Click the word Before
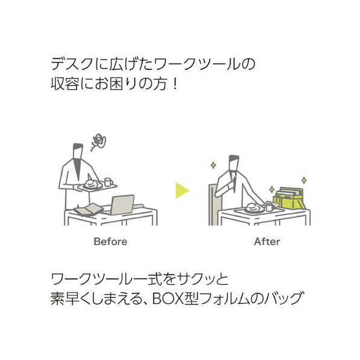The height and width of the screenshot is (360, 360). [x=110, y=242]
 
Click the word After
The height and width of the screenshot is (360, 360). [x=267, y=242]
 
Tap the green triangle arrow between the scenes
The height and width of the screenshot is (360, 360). [x=182, y=190]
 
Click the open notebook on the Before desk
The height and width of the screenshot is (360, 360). [x=88, y=209]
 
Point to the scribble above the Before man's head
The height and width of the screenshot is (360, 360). [x=99, y=141]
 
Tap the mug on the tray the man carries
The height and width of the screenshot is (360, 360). [x=108, y=182]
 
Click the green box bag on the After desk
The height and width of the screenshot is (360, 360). [x=290, y=199]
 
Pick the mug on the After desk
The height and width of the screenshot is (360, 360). [x=269, y=207]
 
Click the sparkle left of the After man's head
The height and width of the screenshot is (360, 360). [x=213, y=165]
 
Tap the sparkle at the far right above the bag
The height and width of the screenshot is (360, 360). [x=304, y=180]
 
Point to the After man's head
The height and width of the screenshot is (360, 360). [x=234, y=163]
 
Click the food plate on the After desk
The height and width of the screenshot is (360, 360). [x=253, y=208]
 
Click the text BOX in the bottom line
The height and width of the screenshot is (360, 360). [x=168, y=298]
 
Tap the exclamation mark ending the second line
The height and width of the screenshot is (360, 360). [x=175, y=84]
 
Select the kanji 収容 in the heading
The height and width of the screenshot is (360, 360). [x=65, y=84]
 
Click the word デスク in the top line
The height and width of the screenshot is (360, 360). [x=72, y=64]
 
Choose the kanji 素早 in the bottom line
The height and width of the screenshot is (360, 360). [x=65, y=298]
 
